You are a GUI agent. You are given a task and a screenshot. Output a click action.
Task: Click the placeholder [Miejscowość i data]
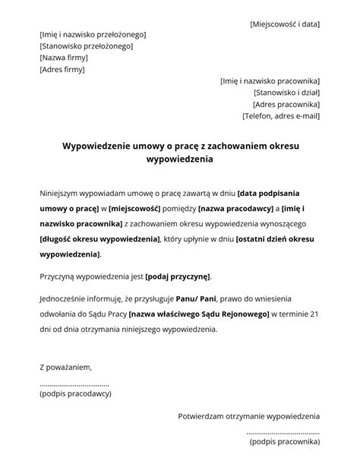click(x=285, y=24)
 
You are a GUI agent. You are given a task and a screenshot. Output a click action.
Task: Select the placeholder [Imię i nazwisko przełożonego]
click(x=93, y=35)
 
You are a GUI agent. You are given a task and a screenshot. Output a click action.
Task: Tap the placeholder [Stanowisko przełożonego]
click(x=86, y=46)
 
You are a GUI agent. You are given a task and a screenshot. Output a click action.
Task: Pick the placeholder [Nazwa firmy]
click(x=64, y=58)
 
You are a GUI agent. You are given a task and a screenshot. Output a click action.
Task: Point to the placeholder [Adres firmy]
click(x=62, y=69)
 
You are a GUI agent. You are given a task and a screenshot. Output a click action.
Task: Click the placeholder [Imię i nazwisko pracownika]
click(x=270, y=81)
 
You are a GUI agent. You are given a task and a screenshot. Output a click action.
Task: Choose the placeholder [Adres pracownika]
click(x=286, y=104)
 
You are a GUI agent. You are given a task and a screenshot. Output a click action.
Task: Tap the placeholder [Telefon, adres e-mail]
click(x=281, y=116)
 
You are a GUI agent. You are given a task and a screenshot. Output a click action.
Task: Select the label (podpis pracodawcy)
click(x=76, y=393)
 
